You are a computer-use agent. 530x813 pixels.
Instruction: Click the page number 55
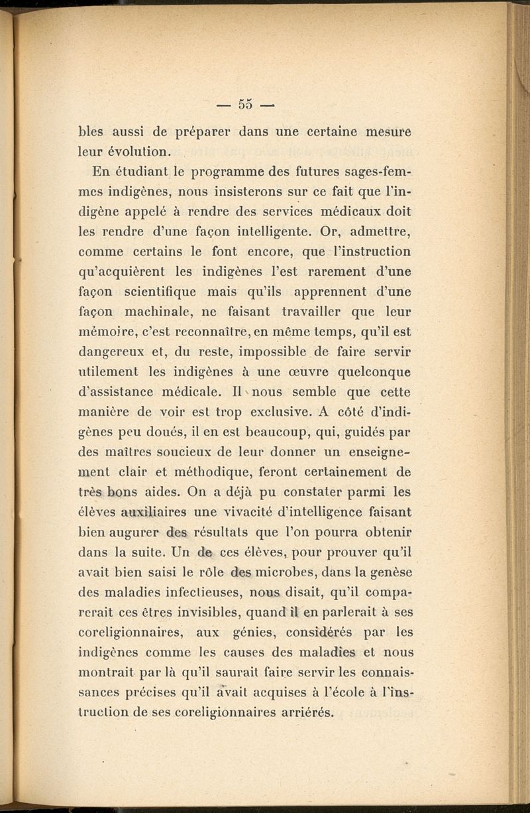coord(246,104)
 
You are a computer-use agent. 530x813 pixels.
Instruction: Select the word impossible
coord(268,351)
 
